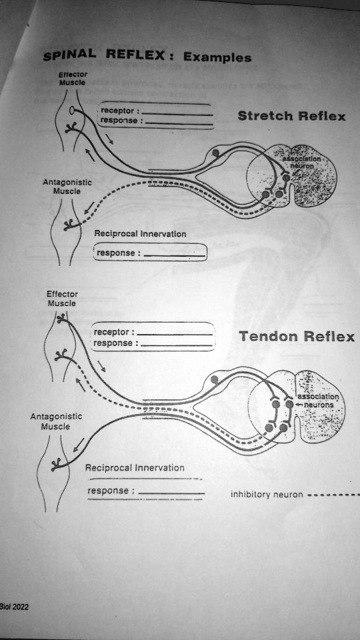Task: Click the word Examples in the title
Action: (217, 57)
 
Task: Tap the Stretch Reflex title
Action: (291, 117)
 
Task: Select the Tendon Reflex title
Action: (297, 337)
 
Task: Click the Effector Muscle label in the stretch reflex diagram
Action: (69, 79)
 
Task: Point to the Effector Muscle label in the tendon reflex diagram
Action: (62, 299)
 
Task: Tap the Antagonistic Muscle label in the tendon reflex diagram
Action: (55, 421)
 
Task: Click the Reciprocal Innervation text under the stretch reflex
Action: (140, 234)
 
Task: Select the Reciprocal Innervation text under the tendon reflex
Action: (135, 467)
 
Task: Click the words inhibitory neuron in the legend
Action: (267, 495)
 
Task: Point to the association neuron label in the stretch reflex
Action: (301, 162)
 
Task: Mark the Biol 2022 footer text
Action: (15, 607)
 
